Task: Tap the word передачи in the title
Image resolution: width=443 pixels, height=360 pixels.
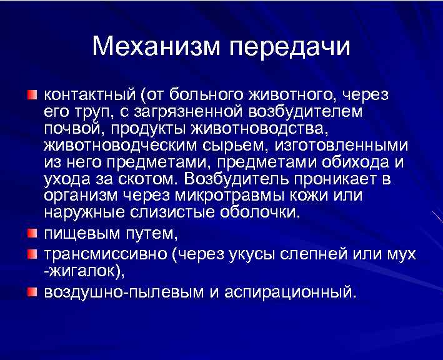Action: click(x=291, y=47)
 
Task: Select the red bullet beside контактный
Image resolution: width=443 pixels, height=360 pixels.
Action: click(x=32, y=95)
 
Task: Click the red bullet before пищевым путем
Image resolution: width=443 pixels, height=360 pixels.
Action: click(x=32, y=234)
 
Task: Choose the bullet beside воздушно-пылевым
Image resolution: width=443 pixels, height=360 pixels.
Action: click(x=32, y=291)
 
